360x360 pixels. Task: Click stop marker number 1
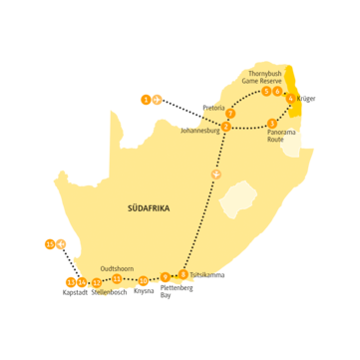coord(146,99)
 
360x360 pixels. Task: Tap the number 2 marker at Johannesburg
coord(227,127)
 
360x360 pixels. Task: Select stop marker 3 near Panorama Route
coord(272,123)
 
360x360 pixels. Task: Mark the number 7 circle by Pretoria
coord(230,110)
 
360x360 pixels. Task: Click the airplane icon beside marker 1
coord(157,99)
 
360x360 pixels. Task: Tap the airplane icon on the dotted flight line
coord(211,176)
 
